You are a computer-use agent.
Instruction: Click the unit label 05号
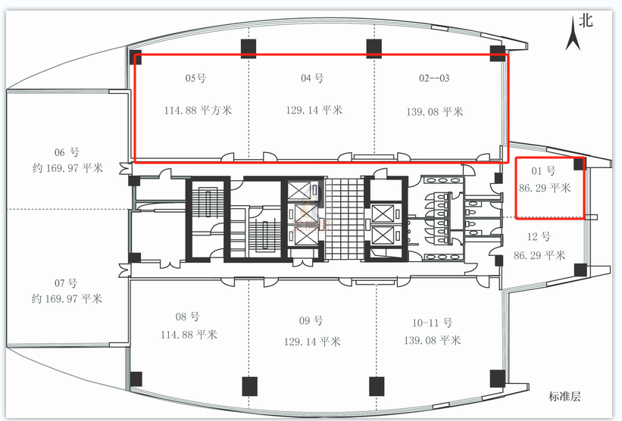[x=195, y=78]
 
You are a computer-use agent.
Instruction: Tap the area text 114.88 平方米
[x=198, y=110]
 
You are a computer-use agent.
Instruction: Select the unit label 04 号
[x=312, y=78]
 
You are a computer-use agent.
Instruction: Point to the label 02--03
[x=434, y=78]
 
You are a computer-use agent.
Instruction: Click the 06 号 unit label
[x=67, y=152]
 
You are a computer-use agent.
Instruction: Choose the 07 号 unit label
[x=66, y=283]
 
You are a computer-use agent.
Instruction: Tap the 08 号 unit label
[x=187, y=317]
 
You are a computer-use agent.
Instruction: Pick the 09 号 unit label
[x=311, y=320]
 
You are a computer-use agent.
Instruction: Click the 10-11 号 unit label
[x=432, y=323]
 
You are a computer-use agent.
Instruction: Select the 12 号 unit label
[x=539, y=237]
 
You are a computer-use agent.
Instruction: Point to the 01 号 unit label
[x=543, y=171]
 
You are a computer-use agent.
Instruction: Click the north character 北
[x=586, y=20]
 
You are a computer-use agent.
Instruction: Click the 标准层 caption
[x=565, y=396]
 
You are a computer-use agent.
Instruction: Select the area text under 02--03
[x=434, y=112]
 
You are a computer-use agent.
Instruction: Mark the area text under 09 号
[x=312, y=341]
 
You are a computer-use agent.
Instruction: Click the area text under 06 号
[x=68, y=168]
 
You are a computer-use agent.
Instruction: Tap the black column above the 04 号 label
[x=374, y=48]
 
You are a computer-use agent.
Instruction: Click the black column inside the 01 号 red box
[x=579, y=164]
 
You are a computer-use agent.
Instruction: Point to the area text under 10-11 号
[x=433, y=340]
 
